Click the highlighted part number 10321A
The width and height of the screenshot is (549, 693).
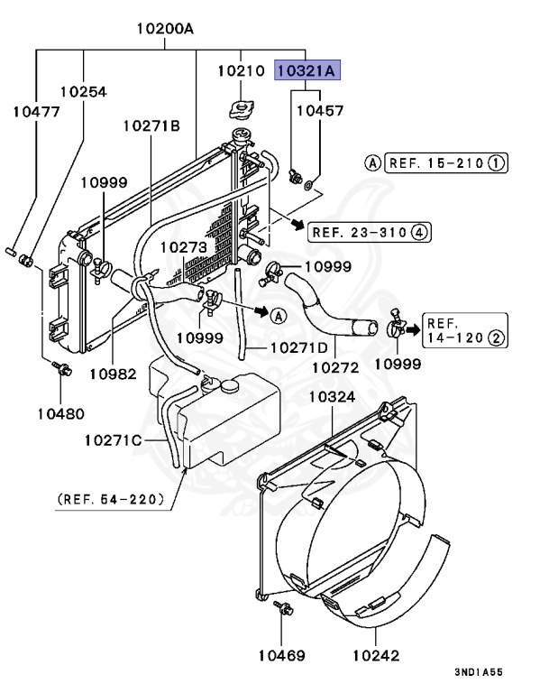(x=307, y=69)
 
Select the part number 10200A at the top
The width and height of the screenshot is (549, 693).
(x=165, y=28)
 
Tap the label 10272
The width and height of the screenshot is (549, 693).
(x=335, y=367)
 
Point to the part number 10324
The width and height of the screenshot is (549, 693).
(x=333, y=395)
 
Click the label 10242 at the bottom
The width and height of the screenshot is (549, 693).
(x=376, y=656)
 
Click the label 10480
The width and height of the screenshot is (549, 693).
(x=60, y=414)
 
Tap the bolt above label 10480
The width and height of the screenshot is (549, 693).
(x=60, y=368)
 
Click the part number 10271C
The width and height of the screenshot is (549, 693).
(x=114, y=440)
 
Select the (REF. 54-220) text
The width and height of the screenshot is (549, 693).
(x=111, y=498)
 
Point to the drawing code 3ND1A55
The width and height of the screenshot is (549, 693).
(x=479, y=672)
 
